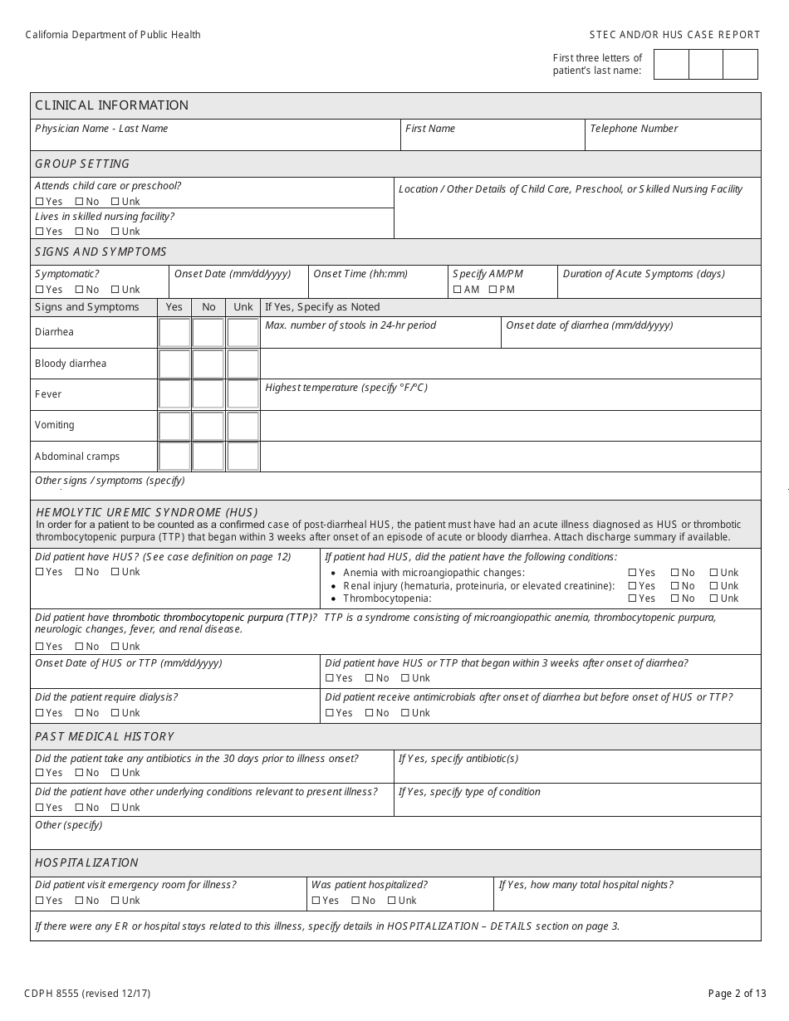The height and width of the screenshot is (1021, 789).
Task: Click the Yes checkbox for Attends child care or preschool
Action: (40, 202)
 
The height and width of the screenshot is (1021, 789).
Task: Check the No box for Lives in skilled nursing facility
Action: (79, 232)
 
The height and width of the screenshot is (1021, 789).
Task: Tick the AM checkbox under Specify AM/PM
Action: (457, 290)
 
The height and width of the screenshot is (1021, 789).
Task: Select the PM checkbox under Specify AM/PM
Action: (493, 290)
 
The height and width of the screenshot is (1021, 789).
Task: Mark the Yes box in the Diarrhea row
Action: (174, 333)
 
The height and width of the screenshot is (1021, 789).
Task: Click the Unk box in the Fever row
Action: (243, 394)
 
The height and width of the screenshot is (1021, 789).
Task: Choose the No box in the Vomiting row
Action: (208, 426)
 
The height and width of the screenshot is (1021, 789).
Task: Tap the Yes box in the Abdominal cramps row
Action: (174, 457)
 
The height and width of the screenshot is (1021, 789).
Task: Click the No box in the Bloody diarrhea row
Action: (208, 364)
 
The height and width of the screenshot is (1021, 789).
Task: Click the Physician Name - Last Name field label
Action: (101, 129)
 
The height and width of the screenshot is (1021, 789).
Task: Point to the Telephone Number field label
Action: (634, 129)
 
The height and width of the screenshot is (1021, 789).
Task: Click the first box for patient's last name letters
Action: (671, 65)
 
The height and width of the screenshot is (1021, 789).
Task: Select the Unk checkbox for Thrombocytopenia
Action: (713, 598)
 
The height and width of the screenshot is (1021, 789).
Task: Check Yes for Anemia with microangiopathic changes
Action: (633, 573)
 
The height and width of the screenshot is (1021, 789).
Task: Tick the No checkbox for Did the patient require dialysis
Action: (79, 713)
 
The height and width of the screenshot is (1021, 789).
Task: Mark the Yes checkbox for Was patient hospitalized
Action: (316, 901)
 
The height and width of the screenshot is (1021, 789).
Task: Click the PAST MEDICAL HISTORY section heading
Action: (105, 736)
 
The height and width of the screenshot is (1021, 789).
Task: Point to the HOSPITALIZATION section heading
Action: (86, 862)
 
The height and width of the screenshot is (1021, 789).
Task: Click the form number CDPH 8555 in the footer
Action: (87, 993)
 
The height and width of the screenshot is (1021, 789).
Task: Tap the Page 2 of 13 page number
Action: (737, 993)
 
